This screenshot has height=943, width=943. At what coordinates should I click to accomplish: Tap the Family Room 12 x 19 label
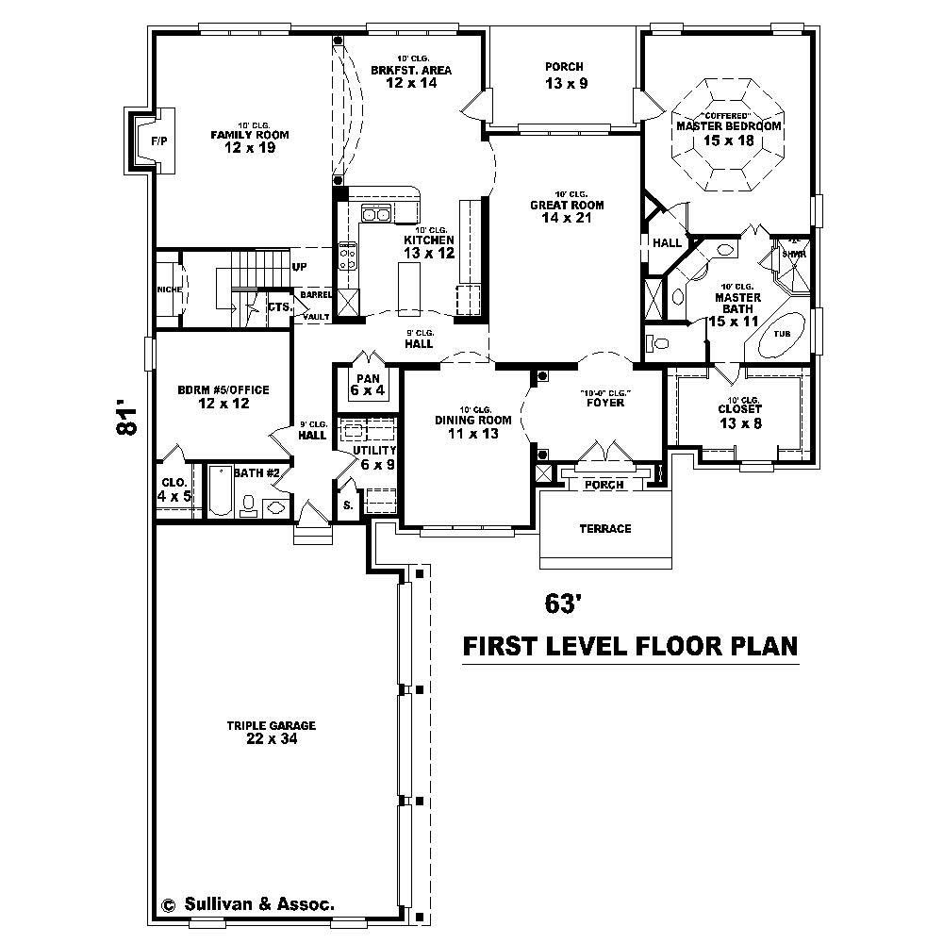249,141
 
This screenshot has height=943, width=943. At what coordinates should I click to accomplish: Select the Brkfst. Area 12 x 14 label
411,76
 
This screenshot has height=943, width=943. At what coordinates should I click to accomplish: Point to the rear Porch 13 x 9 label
565,74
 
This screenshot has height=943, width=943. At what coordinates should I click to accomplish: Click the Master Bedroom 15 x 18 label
729,133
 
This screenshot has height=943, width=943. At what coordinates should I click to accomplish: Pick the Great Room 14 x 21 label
566,211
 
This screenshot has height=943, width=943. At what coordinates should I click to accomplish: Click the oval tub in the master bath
782,335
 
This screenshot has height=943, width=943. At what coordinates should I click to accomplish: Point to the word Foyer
604,403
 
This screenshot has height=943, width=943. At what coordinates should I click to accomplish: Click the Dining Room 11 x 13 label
472,426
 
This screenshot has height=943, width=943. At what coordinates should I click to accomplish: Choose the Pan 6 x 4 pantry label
367,384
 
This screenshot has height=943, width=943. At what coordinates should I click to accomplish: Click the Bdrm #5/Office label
223,397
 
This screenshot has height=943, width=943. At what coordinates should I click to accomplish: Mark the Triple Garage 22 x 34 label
270,733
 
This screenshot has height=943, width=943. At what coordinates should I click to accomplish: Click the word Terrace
604,528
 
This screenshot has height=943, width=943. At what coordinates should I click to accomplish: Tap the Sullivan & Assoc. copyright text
249,902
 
